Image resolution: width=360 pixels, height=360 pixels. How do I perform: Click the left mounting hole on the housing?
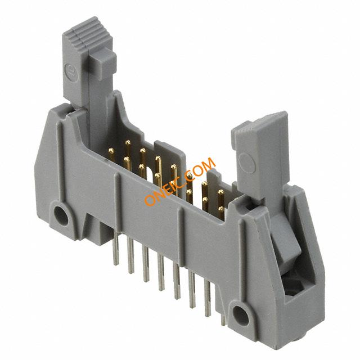[x=61, y=216]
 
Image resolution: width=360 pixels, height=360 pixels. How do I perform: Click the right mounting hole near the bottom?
[x=241, y=316]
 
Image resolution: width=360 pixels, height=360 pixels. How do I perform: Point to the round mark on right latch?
[x=246, y=163]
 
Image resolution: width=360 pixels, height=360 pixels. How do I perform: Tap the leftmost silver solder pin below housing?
[x=116, y=249]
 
